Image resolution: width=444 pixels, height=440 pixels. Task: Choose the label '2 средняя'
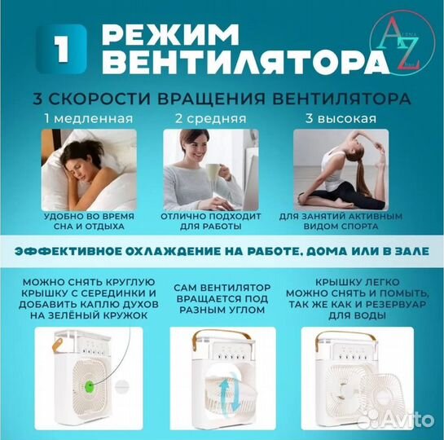point(202,119)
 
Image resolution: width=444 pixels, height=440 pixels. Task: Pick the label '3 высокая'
point(341,119)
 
